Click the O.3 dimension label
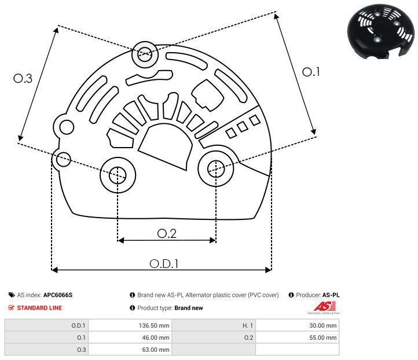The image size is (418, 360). (23, 78)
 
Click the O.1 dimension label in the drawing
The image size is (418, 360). (311, 72)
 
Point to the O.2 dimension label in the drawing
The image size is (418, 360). (167, 233)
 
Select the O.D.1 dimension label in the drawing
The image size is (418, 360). (164, 263)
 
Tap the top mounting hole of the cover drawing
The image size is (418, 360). (144, 56)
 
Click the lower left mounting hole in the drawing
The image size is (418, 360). (118, 174)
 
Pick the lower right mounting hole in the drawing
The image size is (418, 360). (215, 168)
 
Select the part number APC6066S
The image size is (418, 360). (58, 295)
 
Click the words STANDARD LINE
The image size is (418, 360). (39, 308)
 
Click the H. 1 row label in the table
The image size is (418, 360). (246, 326)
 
